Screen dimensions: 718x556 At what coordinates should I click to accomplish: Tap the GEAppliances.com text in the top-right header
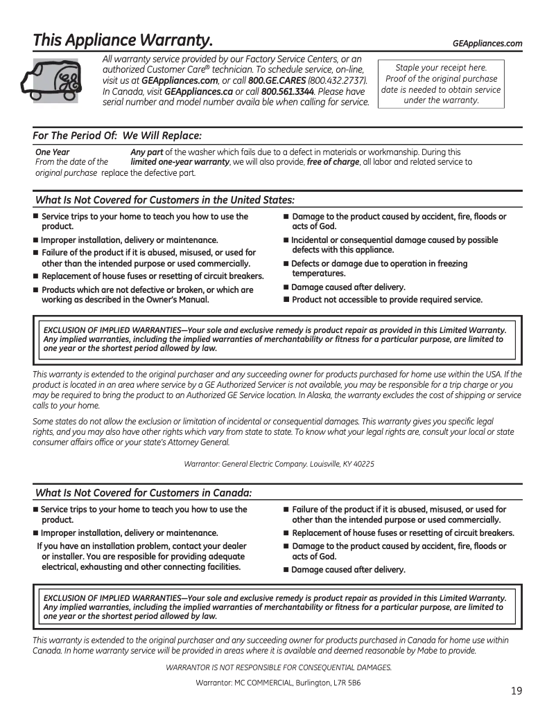pyautogui.click(x=487, y=44)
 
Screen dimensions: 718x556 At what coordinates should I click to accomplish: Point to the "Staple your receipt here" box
pyautogui.click(x=441, y=84)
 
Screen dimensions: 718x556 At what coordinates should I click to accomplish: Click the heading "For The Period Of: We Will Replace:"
pyautogui.click(x=119, y=136)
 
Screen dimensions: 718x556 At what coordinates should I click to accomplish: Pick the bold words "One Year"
pyautogui.click(x=52, y=152)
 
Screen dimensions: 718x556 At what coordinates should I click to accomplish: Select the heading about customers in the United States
pyautogui.click(x=164, y=200)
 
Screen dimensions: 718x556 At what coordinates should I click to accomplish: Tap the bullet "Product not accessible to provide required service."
pyautogui.click(x=386, y=300)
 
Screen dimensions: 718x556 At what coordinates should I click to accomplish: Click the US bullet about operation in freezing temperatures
pyautogui.click(x=379, y=269)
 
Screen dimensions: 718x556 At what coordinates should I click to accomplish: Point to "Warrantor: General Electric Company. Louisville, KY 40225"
pyautogui.click(x=279, y=464)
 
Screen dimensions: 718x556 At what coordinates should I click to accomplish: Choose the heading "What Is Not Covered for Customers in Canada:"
pyautogui.click(x=143, y=493)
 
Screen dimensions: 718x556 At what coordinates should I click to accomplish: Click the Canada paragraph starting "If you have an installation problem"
pyautogui.click(x=142, y=557)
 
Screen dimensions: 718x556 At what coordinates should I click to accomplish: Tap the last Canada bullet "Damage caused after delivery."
pyautogui.click(x=347, y=570)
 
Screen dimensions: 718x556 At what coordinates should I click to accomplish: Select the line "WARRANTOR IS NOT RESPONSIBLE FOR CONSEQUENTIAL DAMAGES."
pyautogui.click(x=279, y=667)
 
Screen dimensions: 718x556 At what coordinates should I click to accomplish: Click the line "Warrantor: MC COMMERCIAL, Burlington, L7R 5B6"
pyautogui.click(x=279, y=683)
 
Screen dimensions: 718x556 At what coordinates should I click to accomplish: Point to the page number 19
pyautogui.click(x=516, y=691)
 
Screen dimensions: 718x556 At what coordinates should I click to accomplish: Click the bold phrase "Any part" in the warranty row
pyautogui.click(x=147, y=152)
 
